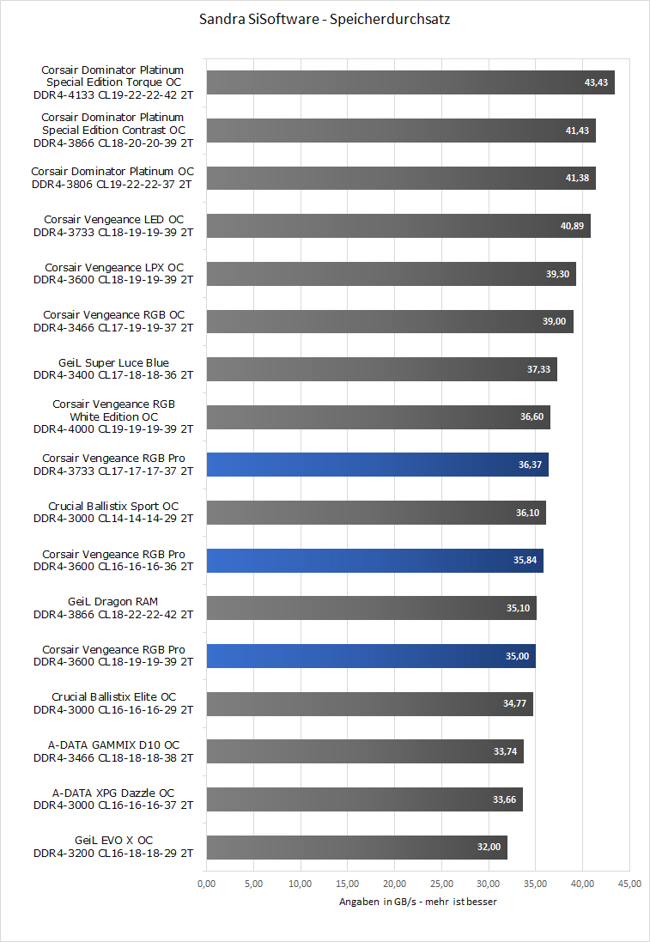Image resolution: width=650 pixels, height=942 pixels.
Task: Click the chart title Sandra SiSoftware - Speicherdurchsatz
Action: [325, 19]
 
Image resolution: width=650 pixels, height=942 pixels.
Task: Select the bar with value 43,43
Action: [410, 82]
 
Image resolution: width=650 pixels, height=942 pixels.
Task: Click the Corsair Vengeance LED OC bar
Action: [398, 226]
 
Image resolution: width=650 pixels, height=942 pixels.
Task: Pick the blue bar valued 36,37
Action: [378, 465]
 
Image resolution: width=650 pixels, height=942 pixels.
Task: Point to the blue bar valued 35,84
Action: [375, 561]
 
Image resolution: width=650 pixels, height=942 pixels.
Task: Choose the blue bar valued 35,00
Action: [372, 656]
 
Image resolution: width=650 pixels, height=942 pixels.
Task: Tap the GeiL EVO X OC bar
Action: [357, 848]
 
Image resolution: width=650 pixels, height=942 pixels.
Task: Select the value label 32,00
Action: [489, 848]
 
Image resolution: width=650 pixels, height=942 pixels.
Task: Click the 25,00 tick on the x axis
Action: [441, 883]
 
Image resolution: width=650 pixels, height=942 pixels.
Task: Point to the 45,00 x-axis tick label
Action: [629, 883]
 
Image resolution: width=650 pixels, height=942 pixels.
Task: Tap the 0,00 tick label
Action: [207, 883]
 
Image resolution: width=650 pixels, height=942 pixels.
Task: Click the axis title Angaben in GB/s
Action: [417, 902]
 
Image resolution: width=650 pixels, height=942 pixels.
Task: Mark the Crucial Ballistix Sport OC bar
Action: [376, 513]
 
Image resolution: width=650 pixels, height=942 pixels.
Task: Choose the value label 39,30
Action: [558, 274]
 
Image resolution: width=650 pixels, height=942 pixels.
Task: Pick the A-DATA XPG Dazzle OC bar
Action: [365, 799]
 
